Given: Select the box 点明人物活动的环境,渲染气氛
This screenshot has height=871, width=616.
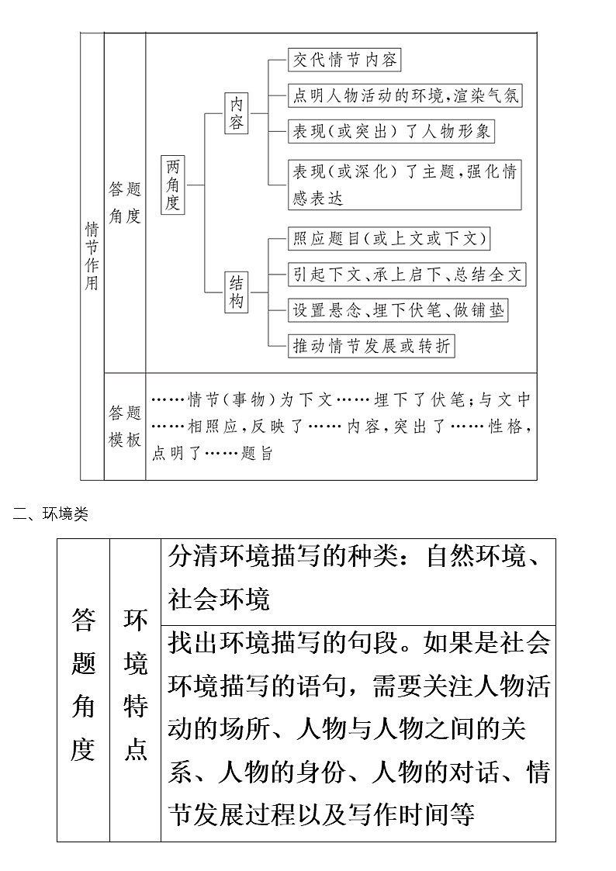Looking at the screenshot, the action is [404, 95].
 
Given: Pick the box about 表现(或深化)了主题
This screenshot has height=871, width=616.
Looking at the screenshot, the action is [403, 184].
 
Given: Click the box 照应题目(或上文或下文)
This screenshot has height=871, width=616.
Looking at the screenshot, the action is [389, 238].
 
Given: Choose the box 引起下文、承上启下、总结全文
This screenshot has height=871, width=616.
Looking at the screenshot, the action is [407, 274].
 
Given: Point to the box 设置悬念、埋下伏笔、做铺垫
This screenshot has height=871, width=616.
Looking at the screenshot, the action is [398, 309].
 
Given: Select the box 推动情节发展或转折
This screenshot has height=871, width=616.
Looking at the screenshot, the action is [371, 345].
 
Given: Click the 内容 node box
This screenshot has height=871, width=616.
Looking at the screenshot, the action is [236, 113].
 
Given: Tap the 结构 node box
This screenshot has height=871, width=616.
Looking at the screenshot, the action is [236, 292].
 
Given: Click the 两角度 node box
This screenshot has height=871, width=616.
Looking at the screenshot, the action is [173, 185].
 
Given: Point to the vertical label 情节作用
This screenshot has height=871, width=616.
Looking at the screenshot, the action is [92, 255].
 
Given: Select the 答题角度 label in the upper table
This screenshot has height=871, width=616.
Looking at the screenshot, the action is [125, 202].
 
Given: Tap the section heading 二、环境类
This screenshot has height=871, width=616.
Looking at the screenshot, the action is [50, 513].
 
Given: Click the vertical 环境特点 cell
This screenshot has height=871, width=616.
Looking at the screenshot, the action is [135, 685].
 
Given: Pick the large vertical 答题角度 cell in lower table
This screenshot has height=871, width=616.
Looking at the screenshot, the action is [83, 685].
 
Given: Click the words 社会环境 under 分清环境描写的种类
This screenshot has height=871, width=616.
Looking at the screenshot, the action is [218, 599].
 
